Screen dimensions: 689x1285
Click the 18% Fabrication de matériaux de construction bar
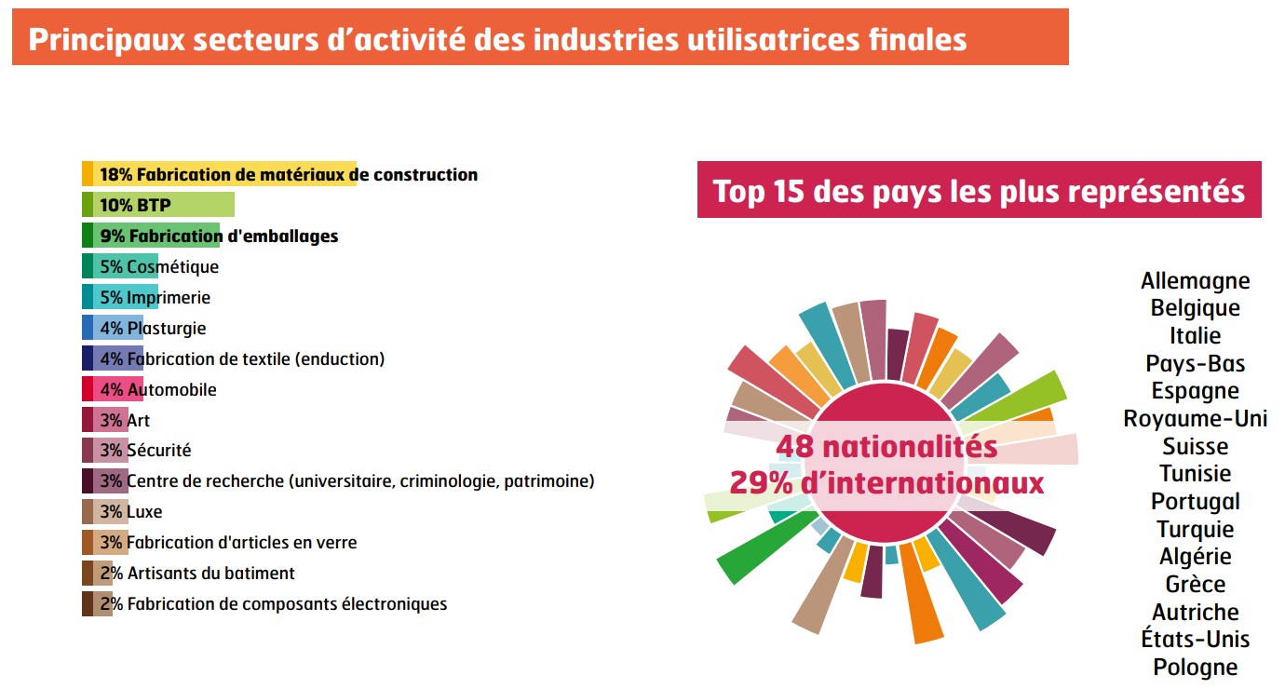point(219,174)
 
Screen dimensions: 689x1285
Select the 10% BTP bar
point(158,205)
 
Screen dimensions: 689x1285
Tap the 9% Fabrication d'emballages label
point(219,236)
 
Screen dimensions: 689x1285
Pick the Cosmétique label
point(172,267)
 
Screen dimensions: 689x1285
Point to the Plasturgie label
point(167,329)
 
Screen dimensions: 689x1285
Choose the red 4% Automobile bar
point(112,390)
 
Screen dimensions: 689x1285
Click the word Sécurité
point(158,451)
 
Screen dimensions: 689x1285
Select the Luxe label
point(144,512)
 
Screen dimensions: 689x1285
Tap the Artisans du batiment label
point(210,574)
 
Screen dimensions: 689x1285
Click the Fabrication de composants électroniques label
point(287,604)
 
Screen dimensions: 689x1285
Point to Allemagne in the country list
point(1195,281)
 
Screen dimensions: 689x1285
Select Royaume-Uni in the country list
point(1195,419)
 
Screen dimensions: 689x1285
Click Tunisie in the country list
point(1195,474)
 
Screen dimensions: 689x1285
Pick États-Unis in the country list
point(1195,640)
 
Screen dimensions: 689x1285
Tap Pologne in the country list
point(1195,668)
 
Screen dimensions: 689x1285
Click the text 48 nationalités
point(886,448)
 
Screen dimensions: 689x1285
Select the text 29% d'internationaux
point(886,483)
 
